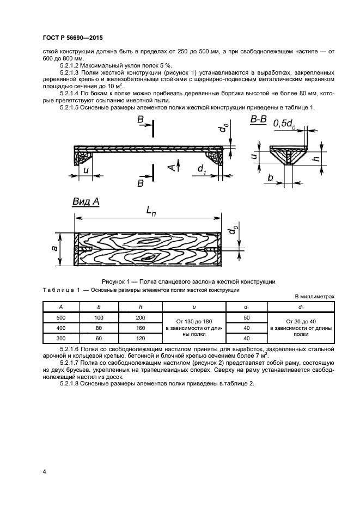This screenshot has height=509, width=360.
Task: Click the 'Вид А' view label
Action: point(86,202)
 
